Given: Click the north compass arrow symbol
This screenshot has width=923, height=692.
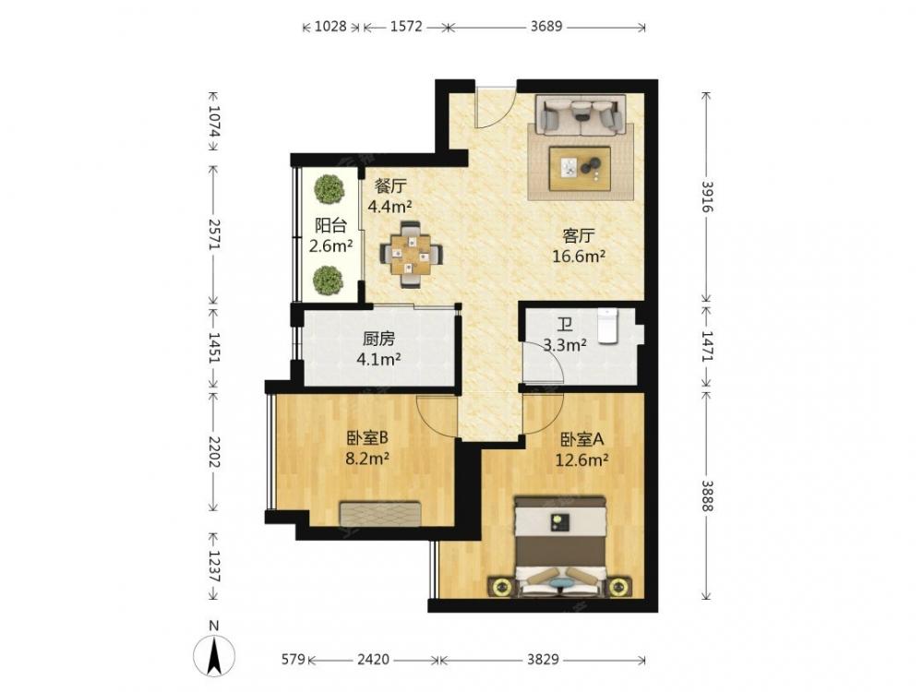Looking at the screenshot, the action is point(215,654).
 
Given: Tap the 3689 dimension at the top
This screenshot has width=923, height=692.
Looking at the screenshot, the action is point(546,27).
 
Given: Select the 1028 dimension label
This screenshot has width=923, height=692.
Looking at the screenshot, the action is point(330,27).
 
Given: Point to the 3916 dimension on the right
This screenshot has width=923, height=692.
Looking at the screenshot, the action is point(707,197).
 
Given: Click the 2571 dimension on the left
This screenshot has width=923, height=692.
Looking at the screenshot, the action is point(214,234).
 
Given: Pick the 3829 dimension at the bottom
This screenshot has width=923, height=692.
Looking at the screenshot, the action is point(542,659).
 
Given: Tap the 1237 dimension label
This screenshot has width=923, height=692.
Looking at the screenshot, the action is point(214,567).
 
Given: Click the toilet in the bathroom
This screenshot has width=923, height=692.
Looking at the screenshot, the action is point(607,326).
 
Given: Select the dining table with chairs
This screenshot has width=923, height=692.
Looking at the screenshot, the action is point(411,255).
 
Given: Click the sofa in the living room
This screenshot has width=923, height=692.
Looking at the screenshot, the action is point(581,114).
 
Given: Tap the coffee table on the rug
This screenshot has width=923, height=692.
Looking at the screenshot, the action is point(580,168).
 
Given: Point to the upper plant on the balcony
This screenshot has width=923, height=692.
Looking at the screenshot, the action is point(330,188).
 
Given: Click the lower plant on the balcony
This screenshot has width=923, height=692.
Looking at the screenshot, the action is point(328,280).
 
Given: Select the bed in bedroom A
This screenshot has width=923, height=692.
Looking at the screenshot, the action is point(560,547).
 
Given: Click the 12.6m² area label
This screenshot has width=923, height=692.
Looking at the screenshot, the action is point(581,459).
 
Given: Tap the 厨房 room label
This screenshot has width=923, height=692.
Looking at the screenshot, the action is point(378,339).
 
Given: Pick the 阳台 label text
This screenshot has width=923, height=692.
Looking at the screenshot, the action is point(330,225).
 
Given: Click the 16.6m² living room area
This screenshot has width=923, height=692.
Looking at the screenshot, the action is point(579,257).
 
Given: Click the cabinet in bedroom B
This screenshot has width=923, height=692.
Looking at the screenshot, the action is point(380,514).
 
